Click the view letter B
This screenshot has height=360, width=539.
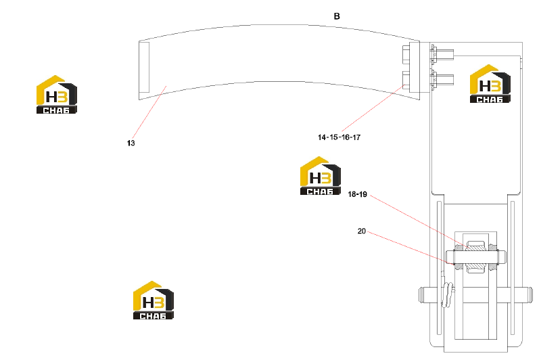(337, 16)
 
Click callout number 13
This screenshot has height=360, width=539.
(131, 143)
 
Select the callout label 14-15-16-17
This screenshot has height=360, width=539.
(339, 137)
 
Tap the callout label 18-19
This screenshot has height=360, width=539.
(358, 194)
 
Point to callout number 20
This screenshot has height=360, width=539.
(362, 231)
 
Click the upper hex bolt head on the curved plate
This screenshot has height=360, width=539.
(406, 55)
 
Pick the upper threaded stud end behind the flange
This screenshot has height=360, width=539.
(446, 55)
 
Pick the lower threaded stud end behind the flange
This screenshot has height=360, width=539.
(446, 79)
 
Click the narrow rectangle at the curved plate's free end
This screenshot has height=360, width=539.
(144, 68)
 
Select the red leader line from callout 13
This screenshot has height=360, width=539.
(149, 112)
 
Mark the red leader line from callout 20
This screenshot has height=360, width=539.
(411, 248)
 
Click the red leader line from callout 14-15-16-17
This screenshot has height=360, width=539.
(373, 108)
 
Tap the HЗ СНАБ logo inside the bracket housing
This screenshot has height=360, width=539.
(490, 83)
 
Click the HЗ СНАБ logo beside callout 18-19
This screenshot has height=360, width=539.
(321, 176)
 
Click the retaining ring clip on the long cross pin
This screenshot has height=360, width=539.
(447, 295)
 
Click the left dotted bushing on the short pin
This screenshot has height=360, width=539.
(460, 257)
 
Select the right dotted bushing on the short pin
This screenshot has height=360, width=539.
(492, 257)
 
